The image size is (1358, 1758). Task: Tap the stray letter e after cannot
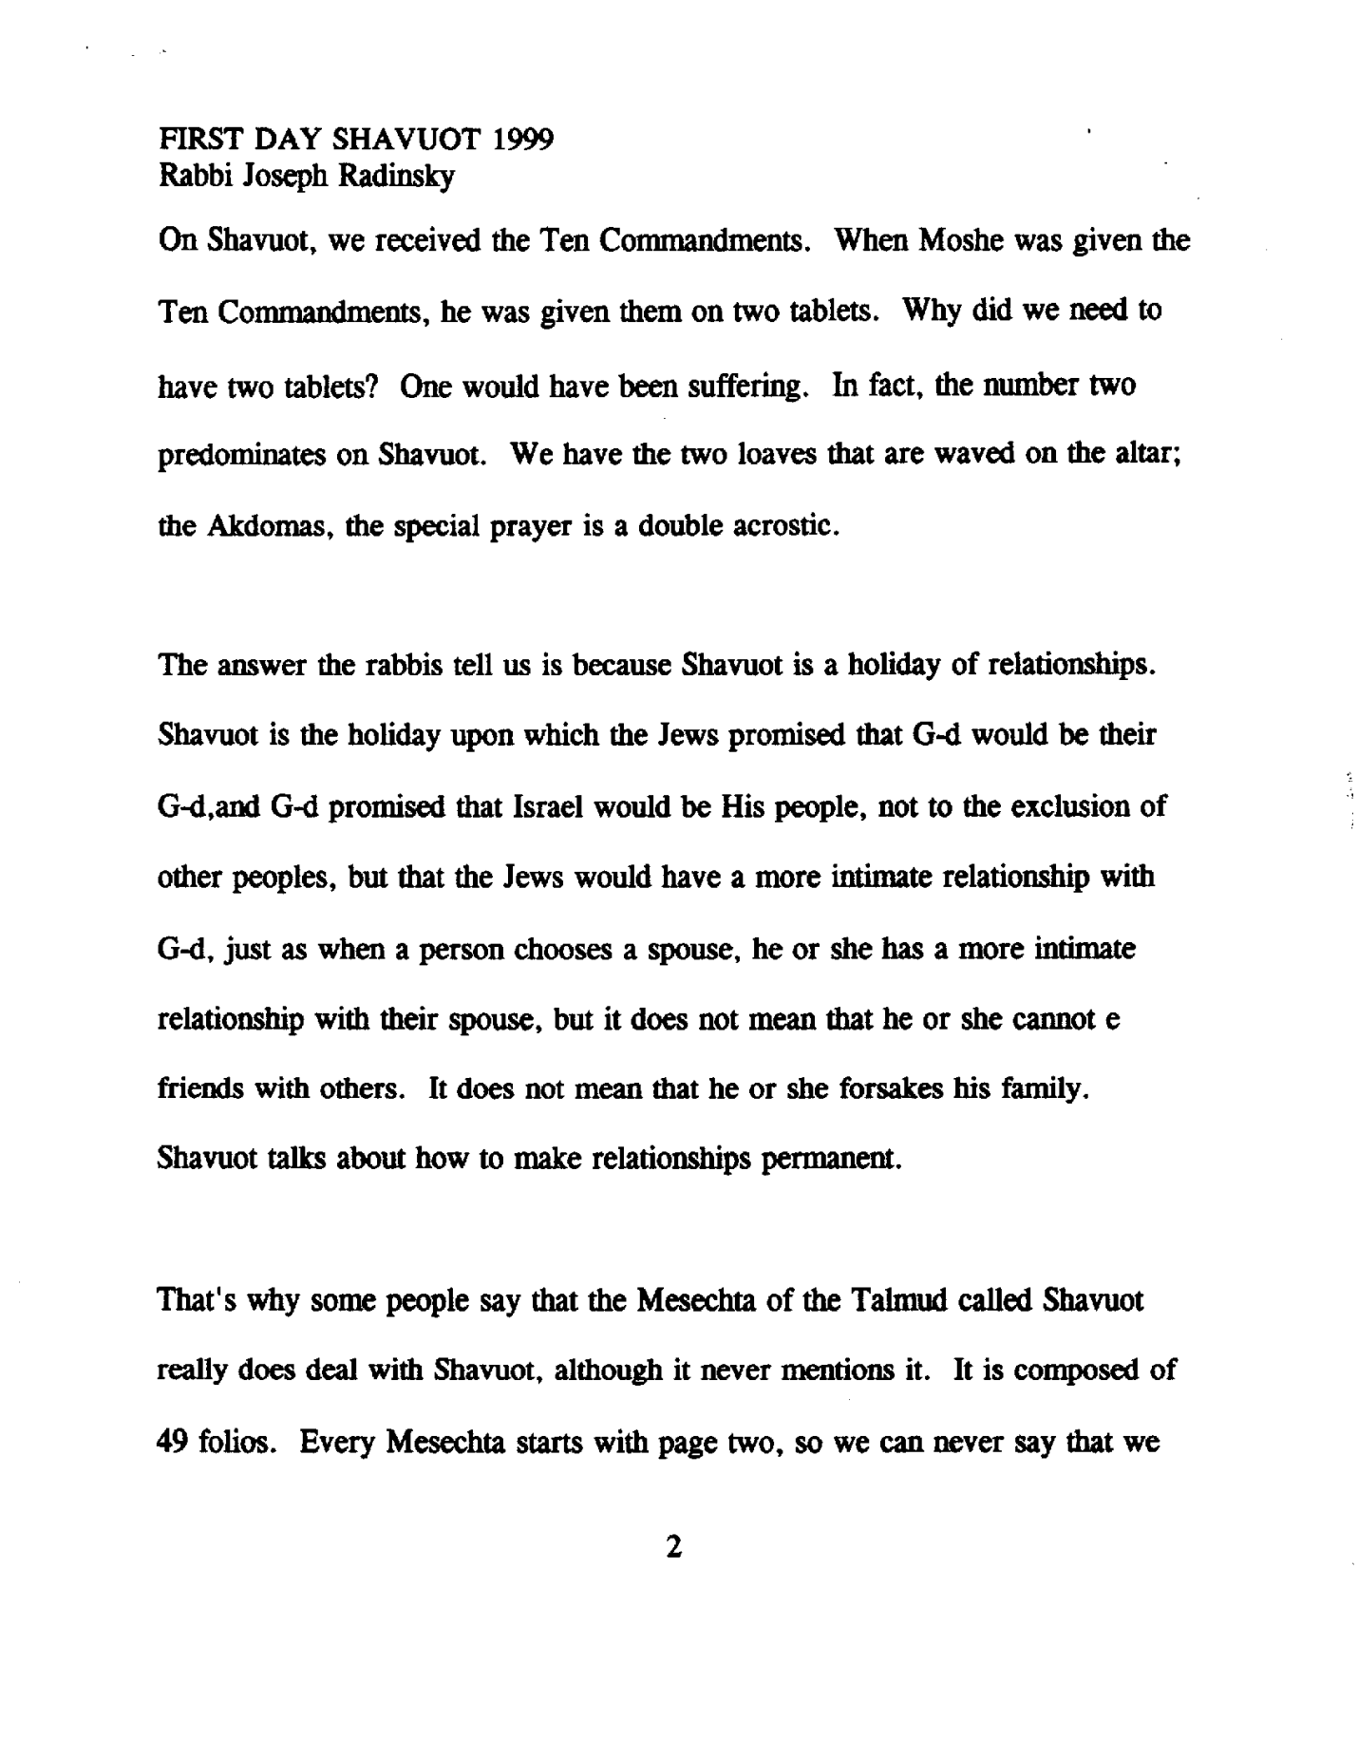click(x=1114, y=1019)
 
